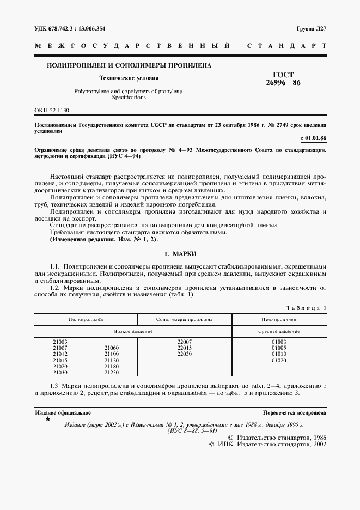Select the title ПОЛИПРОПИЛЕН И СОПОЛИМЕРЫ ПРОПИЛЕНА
coord(130,65)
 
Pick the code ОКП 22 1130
coord(52,110)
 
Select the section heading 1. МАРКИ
coord(180,254)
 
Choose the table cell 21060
coord(112,348)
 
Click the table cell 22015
coord(185,348)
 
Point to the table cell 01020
coord(279,360)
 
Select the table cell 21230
coord(112,372)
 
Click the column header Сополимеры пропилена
coord(184,319)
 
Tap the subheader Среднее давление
coord(279,331)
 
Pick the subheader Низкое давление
coord(133,331)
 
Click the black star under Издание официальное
coord(48,420)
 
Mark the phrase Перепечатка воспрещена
coord(294,413)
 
